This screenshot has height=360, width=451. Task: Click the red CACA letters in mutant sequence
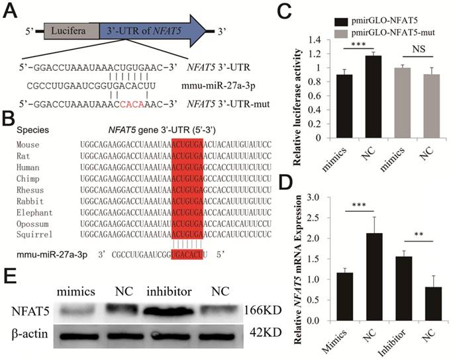[136, 103]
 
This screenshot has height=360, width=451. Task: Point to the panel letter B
[9, 120]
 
